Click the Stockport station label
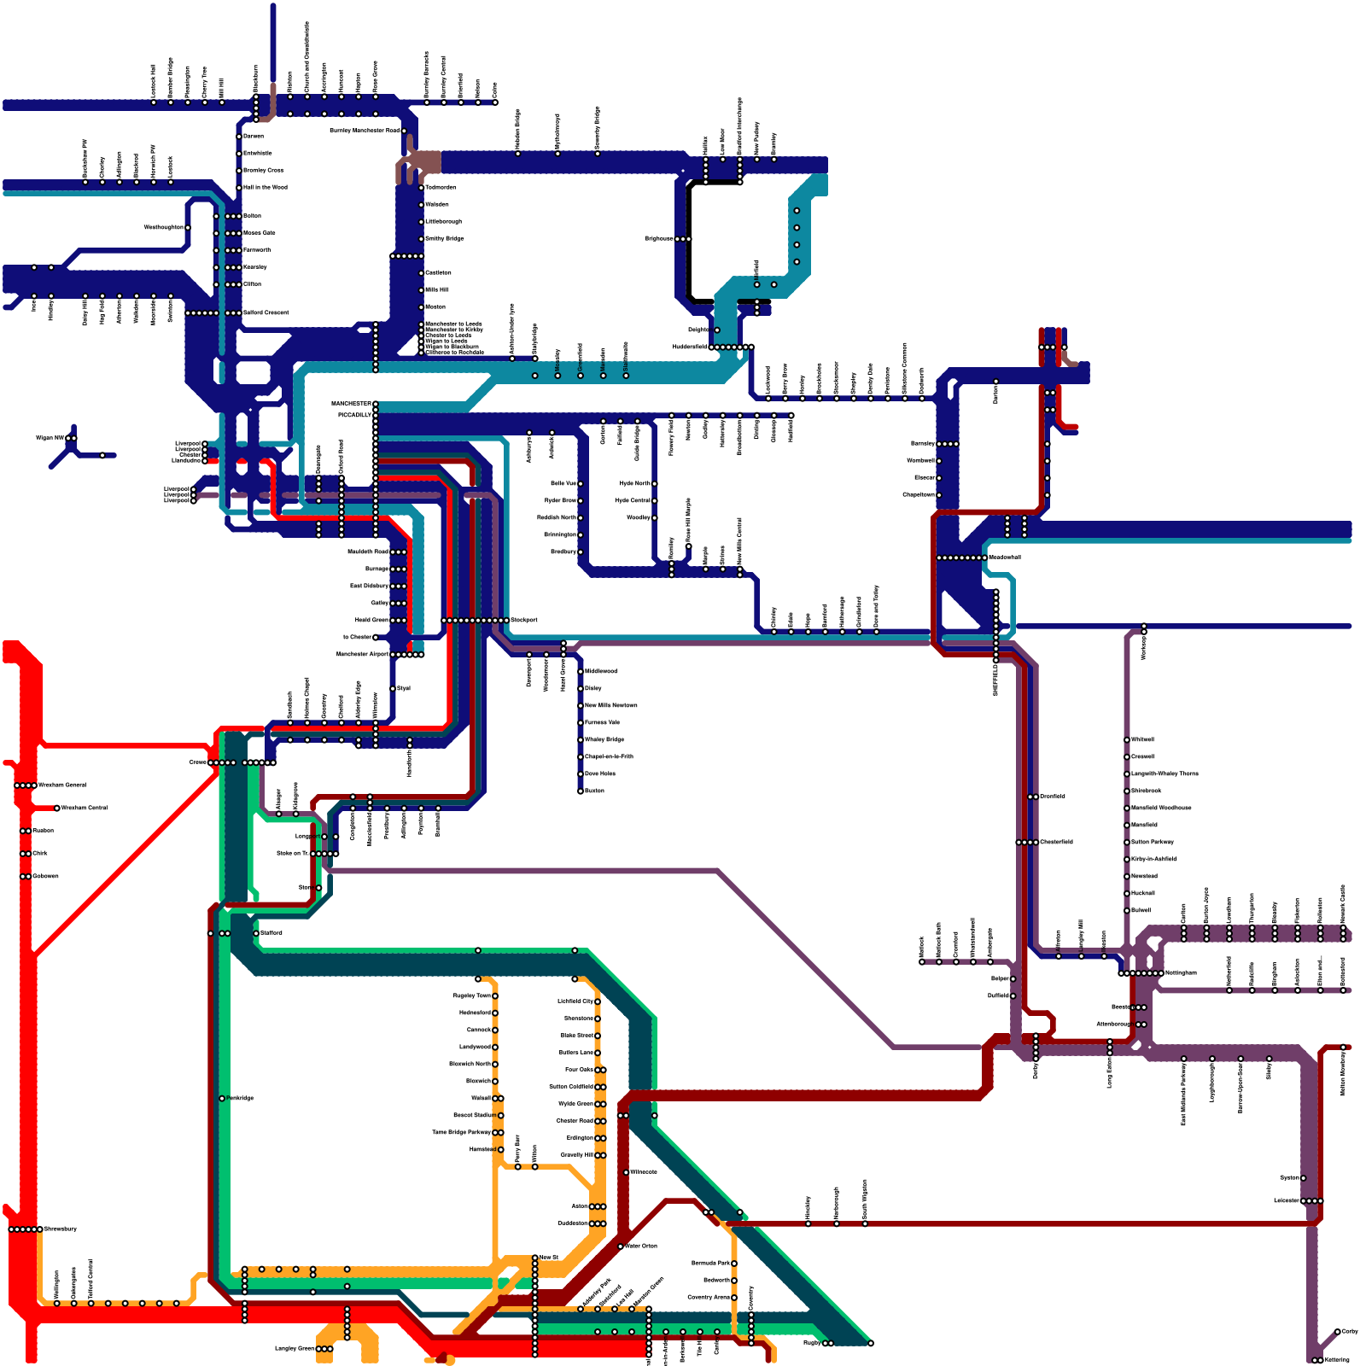coord(524,620)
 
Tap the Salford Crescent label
coord(266,312)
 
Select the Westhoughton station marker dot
coord(189,228)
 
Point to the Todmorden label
coord(441,187)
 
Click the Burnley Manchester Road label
coord(365,131)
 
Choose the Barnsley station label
coord(922,444)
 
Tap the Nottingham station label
coord(1181,972)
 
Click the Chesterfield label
coord(1056,842)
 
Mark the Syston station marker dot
coord(1304,1178)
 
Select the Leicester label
coord(1286,1200)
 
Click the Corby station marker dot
coord(1338,1331)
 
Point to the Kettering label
coord(1338,1360)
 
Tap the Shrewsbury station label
coord(61,1229)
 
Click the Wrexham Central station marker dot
coord(57,808)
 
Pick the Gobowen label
coord(45,876)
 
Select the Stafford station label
coord(271,932)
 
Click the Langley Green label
coord(295,1349)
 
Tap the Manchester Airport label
coord(362,654)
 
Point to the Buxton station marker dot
coord(581,791)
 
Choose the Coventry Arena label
coord(709,1297)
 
